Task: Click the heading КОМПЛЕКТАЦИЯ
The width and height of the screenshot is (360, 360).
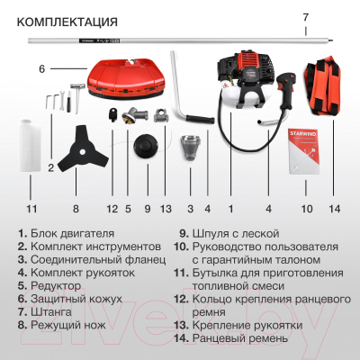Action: pyautogui.click(x=67, y=22)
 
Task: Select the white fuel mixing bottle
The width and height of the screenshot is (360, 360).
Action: pyautogui.click(x=30, y=145)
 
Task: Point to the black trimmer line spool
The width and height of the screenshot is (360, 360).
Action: pyautogui.click(x=146, y=148)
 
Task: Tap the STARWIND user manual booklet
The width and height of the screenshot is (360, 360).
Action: pyautogui.click(x=304, y=152)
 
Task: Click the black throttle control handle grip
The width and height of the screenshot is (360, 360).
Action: pyautogui.click(x=284, y=91)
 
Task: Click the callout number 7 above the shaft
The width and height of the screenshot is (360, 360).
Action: pyautogui.click(x=305, y=17)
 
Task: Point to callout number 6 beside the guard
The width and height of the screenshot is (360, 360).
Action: pyautogui.click(x=42, y=68)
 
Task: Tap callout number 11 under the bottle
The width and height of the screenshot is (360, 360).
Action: pyautogui.click(x=31, y=209)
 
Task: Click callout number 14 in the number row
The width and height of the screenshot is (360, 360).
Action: pyautogui.click(x=335, y=209)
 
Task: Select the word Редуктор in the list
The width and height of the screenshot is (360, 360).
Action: pyautogui.click(x=56, y=286)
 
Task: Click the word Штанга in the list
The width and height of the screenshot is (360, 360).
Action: pyautogui.click(x=51, y=312)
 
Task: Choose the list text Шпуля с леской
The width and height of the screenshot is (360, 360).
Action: pyautogui.click(x=236, y=234)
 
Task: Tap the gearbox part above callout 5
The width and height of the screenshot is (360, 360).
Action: pyautogui.click(x=135, y=115)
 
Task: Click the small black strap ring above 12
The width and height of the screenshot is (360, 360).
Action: pyautogui.click(x=112, y=115)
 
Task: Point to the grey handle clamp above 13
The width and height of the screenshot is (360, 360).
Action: pyautogui.click(x=160, y=116)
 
